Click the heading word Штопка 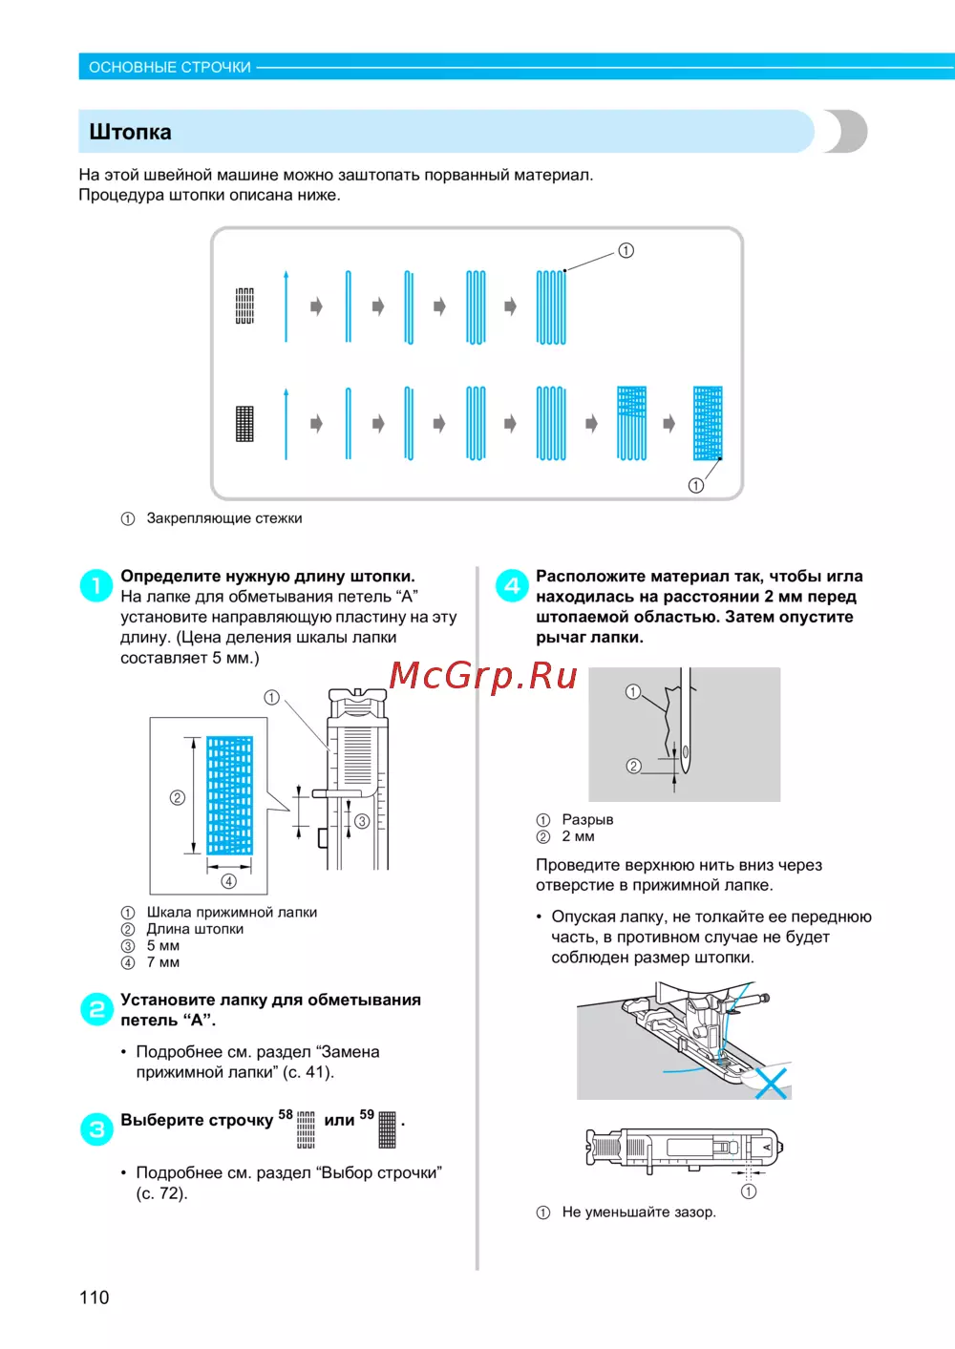point(130,132)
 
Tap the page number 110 point(95,1296)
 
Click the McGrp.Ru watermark point(483,675)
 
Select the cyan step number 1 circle point(96,584)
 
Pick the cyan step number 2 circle point(96,1008)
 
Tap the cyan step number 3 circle point(96,1128)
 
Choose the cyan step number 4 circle point(512,584)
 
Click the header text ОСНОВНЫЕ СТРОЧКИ point(170,67)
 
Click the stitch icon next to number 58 point(306,1128)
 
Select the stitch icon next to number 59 point(387,1128)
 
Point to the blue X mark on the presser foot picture point(771,1083)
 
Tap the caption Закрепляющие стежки point(223,518)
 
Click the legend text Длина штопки point(195,929)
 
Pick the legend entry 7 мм point(162,962)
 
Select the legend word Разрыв point(587,819)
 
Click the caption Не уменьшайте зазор point(638,1212)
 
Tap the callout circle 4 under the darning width point(228,881)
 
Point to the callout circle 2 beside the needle point(633,766)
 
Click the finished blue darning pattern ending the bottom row point(708,423)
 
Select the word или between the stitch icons point(339,1120)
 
